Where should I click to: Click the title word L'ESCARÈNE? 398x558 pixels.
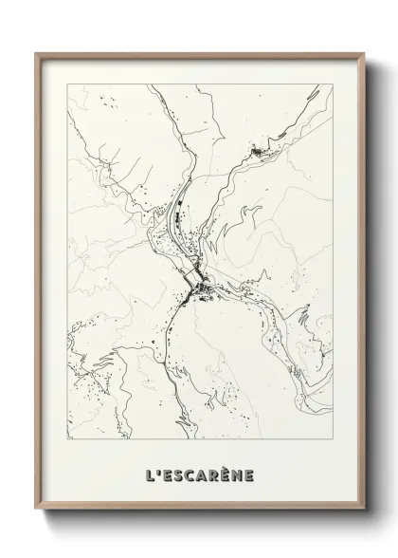(x=200, y=472)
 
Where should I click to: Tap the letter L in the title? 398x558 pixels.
(x=150, y=472)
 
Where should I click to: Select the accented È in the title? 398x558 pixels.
(x=226, y=471)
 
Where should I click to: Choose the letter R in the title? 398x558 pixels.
(x=213, y=472)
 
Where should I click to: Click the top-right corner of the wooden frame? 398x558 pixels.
(x=361, y=53)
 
